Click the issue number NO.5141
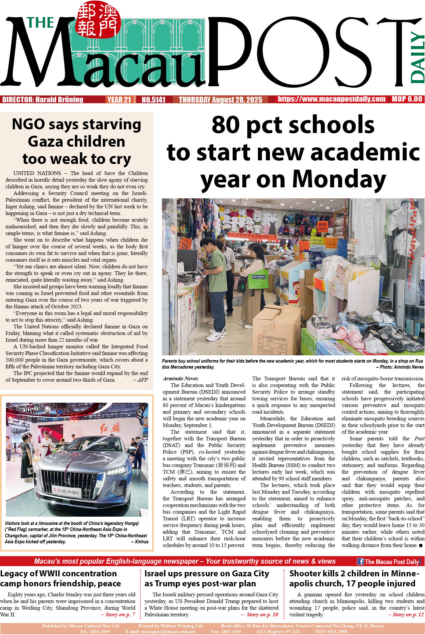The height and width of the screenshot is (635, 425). point(153,100)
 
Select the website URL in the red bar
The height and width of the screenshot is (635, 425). point(331,99)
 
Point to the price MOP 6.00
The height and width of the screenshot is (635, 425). point(407,99)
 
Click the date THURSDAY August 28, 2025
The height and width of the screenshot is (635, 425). point(220,100)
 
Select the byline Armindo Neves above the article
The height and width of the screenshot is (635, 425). point(180,378)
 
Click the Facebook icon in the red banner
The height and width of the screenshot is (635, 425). point(360,561)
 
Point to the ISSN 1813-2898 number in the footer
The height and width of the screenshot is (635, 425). point(331,631)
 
